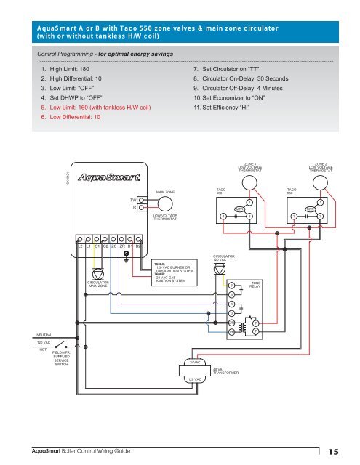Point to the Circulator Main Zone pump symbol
tap(98, 273)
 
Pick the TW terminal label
tap(133, 198)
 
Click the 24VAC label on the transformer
tap(195, 361)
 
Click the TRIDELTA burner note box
tap(172, 272)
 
